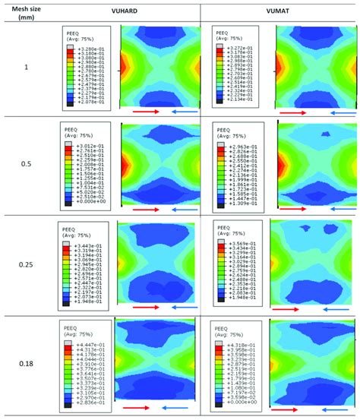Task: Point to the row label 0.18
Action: pyautogui.click(x=27, y=363)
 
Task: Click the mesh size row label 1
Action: pyautogui.click(x=27, y=68)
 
